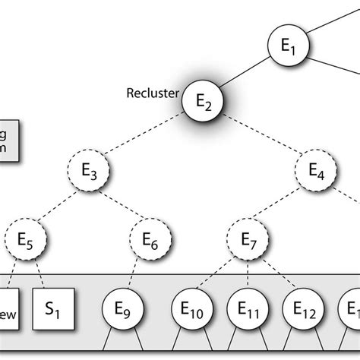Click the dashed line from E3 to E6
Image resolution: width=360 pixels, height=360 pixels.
point(120,206)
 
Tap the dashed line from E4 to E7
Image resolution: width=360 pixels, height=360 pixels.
point(282,205)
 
